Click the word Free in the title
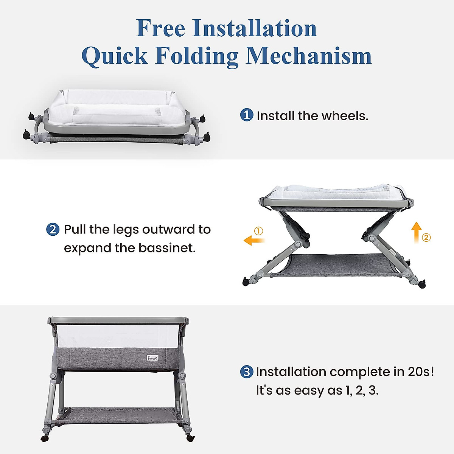[160, 29]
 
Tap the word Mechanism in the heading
[309, 56]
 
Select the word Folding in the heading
[197, 56]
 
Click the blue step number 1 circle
[246, 115]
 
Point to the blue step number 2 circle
[53, 229]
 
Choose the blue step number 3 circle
[246, 372]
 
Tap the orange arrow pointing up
[416, 232]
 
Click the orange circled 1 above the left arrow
[258, 231]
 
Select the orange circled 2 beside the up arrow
[426, 238]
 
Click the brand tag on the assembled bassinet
[153, 358]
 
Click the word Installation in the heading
[254, 29]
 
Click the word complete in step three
[359, 372]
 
